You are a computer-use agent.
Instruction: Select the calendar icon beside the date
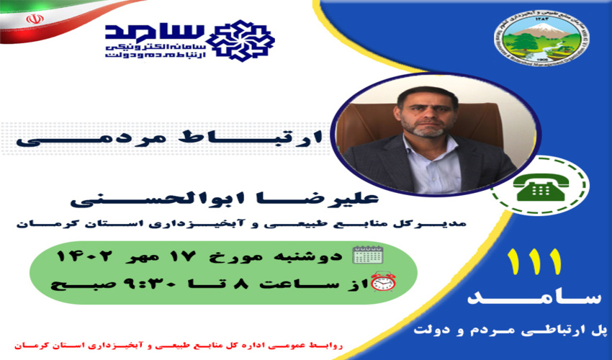pyautogui.click(x=368, y=254)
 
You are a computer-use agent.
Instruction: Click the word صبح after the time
pyautogui.click(x=71, y=283)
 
